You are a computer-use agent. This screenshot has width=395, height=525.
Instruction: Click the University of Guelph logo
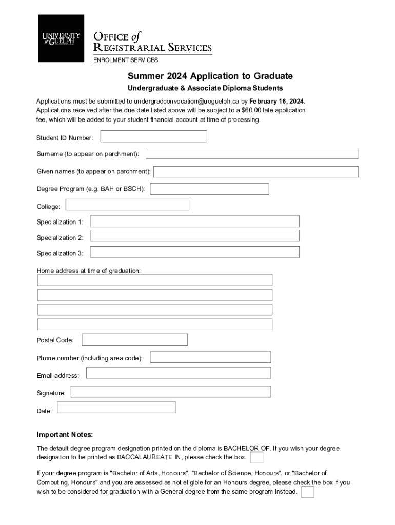tap(61, 38)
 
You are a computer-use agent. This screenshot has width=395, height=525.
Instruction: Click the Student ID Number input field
tap(154, 136)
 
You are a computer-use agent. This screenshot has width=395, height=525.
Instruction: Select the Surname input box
tap(252, 153)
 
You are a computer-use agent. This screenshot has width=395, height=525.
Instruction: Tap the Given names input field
tap(256, 171)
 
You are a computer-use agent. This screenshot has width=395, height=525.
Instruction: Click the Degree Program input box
tap(209, 189)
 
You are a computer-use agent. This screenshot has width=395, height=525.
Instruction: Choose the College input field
tap(128, 205)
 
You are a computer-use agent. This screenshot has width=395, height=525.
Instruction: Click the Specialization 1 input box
tap(195, 221)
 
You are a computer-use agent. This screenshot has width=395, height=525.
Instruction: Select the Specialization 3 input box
tap(195, 252)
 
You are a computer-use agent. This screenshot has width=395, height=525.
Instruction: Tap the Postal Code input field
tap(134, 339)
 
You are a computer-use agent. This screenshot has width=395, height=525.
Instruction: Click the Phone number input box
tap(210, 357)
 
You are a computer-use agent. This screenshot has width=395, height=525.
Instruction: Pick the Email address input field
tap(179, 373)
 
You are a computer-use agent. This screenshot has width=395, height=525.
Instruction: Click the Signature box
tap(171, 392)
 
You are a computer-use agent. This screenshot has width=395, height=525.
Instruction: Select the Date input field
tap(116, 408)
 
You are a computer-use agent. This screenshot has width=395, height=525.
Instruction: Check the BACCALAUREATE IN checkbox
tap(257, 457)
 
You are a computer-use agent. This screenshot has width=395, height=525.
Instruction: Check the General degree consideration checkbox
tap(308, 492)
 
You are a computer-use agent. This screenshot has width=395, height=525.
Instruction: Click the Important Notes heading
tap(65, 435)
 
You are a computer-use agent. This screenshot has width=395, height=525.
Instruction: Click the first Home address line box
tap(154, 280)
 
